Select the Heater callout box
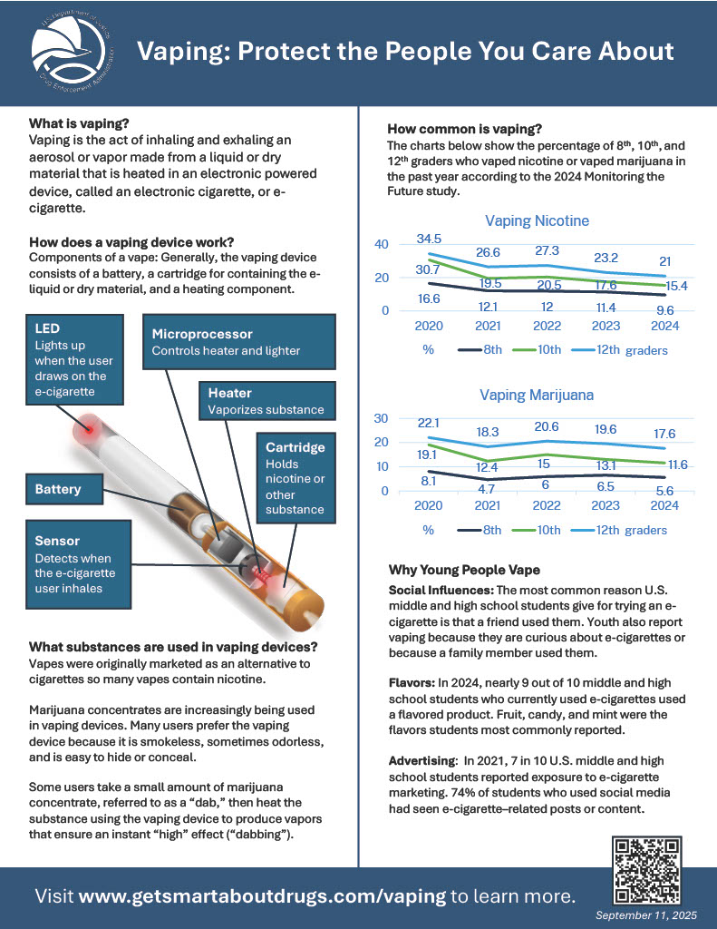click(266, 401)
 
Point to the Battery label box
click(65, 489)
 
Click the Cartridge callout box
click(296, 478)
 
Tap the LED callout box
click(75, 362)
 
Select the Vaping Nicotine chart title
click(537, 220)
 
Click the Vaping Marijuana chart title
click(538, 395)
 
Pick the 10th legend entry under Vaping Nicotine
click(538, 350)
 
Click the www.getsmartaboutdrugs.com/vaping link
click(262, 896)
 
